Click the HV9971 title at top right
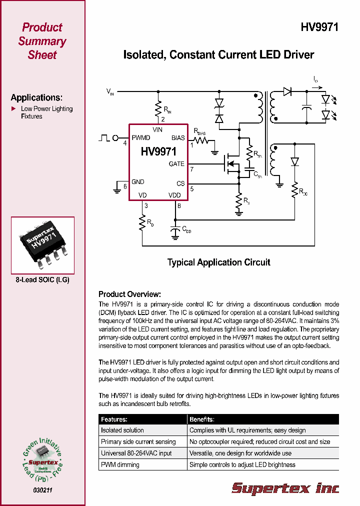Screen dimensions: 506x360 [319, 28]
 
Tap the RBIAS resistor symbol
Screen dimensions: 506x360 [201, 141]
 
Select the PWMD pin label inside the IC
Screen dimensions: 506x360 [140, 138]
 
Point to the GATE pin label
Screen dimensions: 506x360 [176, 164]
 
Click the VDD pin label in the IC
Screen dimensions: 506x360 [174, 195]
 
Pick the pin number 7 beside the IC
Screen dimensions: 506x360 [191, 169]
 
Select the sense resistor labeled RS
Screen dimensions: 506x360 [239, 200]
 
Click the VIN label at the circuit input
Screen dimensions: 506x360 [110, 91]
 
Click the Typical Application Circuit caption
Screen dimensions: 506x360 [218, 262]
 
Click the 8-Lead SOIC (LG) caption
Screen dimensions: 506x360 [42, 280]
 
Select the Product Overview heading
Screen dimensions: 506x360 [129, 294]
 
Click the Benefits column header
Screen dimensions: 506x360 [201, 419]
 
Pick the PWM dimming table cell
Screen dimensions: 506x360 [120, 464]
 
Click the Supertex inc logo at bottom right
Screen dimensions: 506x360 [285, 487]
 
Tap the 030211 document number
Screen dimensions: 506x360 [42, 490]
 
